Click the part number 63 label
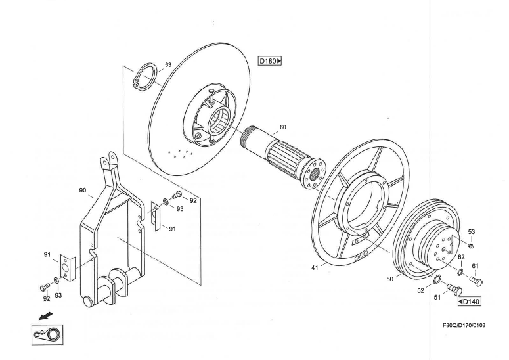click(168, 65)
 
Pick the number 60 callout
click(282, 127)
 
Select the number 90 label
click(83, 190)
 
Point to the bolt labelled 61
click(477, 281)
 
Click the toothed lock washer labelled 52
click(436, 282)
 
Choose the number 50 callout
click(389, 279)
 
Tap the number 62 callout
click(462, 257)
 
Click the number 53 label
click(472, 232)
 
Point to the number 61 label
click(475, 265)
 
